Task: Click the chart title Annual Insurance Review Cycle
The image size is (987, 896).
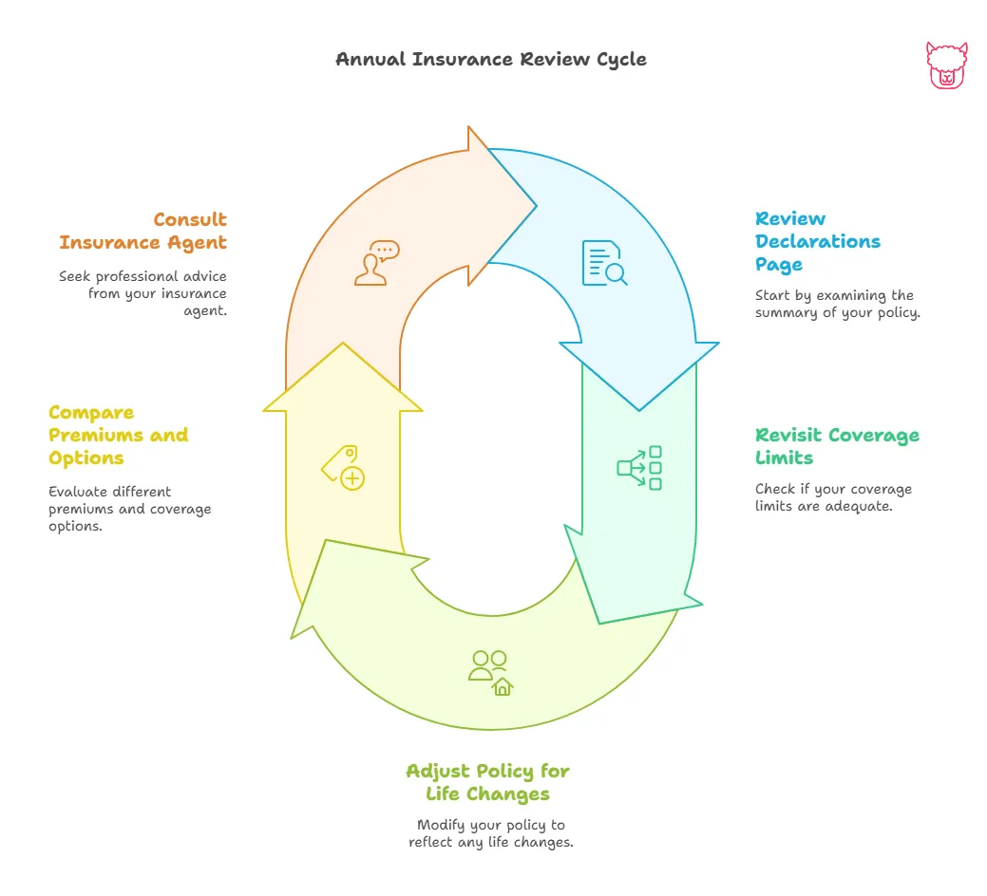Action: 491,59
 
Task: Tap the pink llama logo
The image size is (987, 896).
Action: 945,65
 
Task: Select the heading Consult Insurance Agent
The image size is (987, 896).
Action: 142,231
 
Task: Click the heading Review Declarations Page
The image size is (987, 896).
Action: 818,241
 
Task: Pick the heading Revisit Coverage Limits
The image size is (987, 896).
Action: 837,446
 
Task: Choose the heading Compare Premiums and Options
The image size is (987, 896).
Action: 118,435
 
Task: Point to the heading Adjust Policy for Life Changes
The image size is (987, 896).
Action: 487,781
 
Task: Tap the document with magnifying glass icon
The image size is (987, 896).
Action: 604,264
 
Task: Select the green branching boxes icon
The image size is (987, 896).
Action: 639,468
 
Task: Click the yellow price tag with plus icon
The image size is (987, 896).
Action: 343,467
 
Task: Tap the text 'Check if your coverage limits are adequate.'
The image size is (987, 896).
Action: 833,497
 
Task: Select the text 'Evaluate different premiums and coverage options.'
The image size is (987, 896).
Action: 129,509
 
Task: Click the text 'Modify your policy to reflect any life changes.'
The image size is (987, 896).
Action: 491,833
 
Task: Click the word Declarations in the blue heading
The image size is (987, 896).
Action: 818,241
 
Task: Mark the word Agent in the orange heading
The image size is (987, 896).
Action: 196,242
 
